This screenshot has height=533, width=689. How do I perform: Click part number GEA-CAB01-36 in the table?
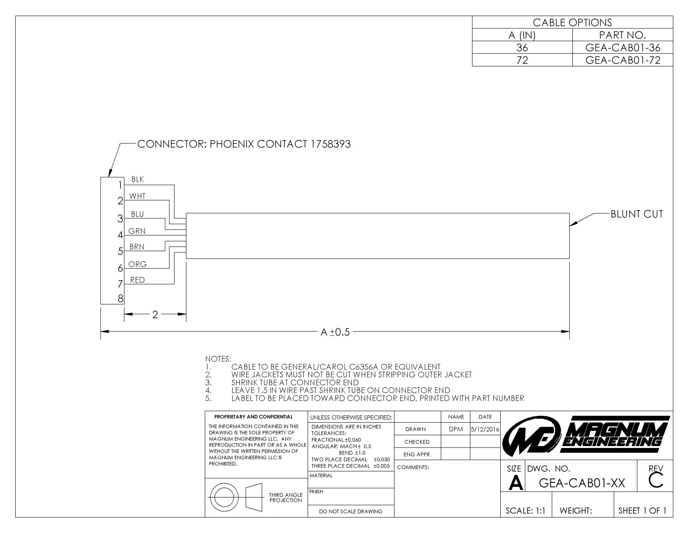click(x=623, y=47)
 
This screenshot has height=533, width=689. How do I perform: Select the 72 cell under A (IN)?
click(x=522, y=60)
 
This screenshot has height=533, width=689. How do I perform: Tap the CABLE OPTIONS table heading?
click(x=572, y=23)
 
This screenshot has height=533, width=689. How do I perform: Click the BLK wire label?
click(x=138, y=179)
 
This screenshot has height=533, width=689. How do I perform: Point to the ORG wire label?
click(x=137, y=264)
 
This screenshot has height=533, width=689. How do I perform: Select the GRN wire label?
click(x=137, y=231)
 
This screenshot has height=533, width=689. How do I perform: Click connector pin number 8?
click(x=120, y=298)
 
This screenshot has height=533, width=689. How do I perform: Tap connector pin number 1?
click(x=120, y=185)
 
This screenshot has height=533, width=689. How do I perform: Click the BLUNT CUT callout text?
click(x=637, y=214)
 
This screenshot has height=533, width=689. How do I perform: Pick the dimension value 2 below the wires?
click(x=155, y=315)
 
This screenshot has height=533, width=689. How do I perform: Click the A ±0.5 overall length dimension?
click(x=335, y=332)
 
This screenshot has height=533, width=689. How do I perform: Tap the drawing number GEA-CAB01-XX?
click(x=582, y=483)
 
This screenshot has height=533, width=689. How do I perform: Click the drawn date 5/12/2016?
click(x=485, y=429)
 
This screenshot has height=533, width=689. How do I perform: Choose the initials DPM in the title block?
click(x=456, y=429)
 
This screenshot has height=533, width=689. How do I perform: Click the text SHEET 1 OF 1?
click(x=643, y=510)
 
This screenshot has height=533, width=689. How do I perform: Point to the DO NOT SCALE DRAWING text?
click(x=350, y=511)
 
